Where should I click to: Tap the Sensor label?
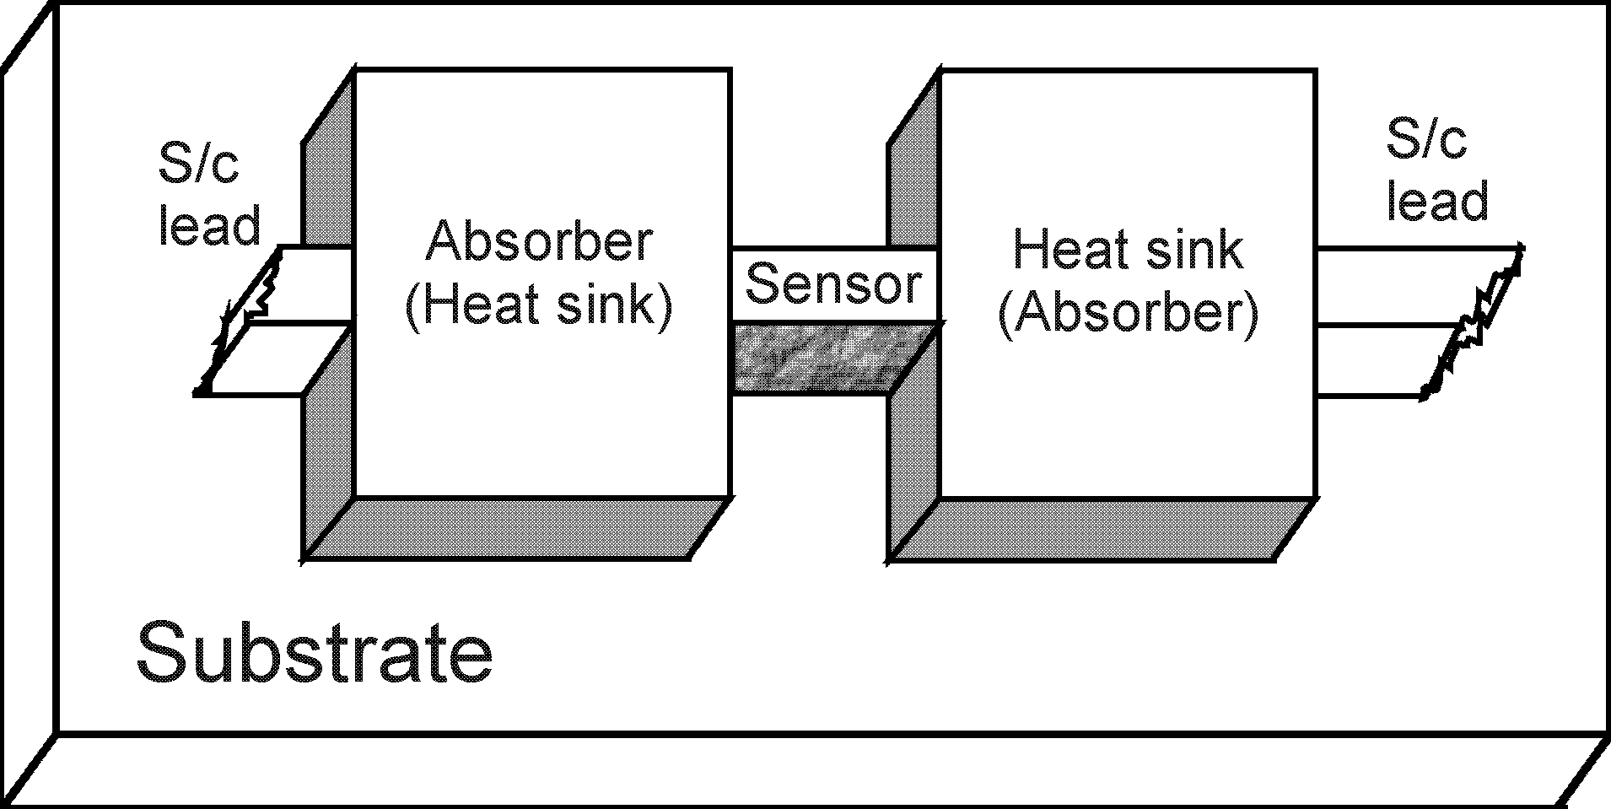[x=833, y=284]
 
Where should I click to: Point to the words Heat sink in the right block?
[x=1128, y=250]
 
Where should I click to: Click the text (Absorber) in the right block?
[x=1128, y=315]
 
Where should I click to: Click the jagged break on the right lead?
[x=1476, y=325]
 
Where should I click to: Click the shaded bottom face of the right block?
[x=1101, y=528]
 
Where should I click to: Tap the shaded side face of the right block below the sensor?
[x=913, y=456]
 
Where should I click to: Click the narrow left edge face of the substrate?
[x=28, y=405]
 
